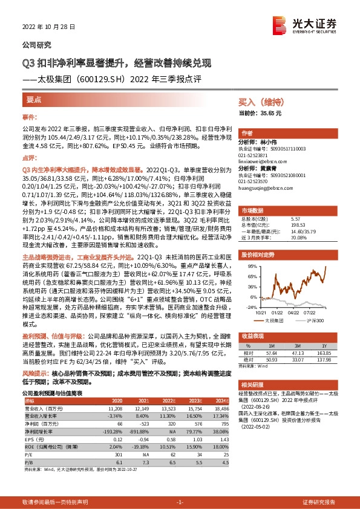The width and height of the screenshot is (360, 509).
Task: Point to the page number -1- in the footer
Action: [x=180, y=502]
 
